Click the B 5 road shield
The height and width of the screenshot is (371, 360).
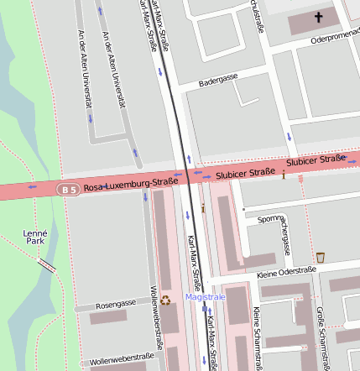(68, 191)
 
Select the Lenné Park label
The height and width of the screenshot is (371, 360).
(35, 236)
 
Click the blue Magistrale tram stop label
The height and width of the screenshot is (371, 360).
(206, 297)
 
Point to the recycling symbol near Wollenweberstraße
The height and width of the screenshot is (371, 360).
(166, 300)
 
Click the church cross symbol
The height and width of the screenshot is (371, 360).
(318, 17)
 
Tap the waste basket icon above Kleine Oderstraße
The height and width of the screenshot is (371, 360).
(320, 257)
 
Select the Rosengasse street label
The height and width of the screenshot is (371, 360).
(116, 304)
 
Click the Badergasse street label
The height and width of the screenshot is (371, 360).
(218, 80)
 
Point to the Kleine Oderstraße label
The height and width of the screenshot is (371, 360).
(285, 272)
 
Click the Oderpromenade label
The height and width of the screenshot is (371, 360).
(334, 39)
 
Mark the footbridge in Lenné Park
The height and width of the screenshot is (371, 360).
(48, 266)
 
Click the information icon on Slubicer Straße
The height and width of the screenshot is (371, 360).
(284, 175)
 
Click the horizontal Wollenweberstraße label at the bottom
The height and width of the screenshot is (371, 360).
(122, 359)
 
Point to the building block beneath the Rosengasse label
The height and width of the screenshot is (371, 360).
(108, 317)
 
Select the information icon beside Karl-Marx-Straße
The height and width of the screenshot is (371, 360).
(202, 206)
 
